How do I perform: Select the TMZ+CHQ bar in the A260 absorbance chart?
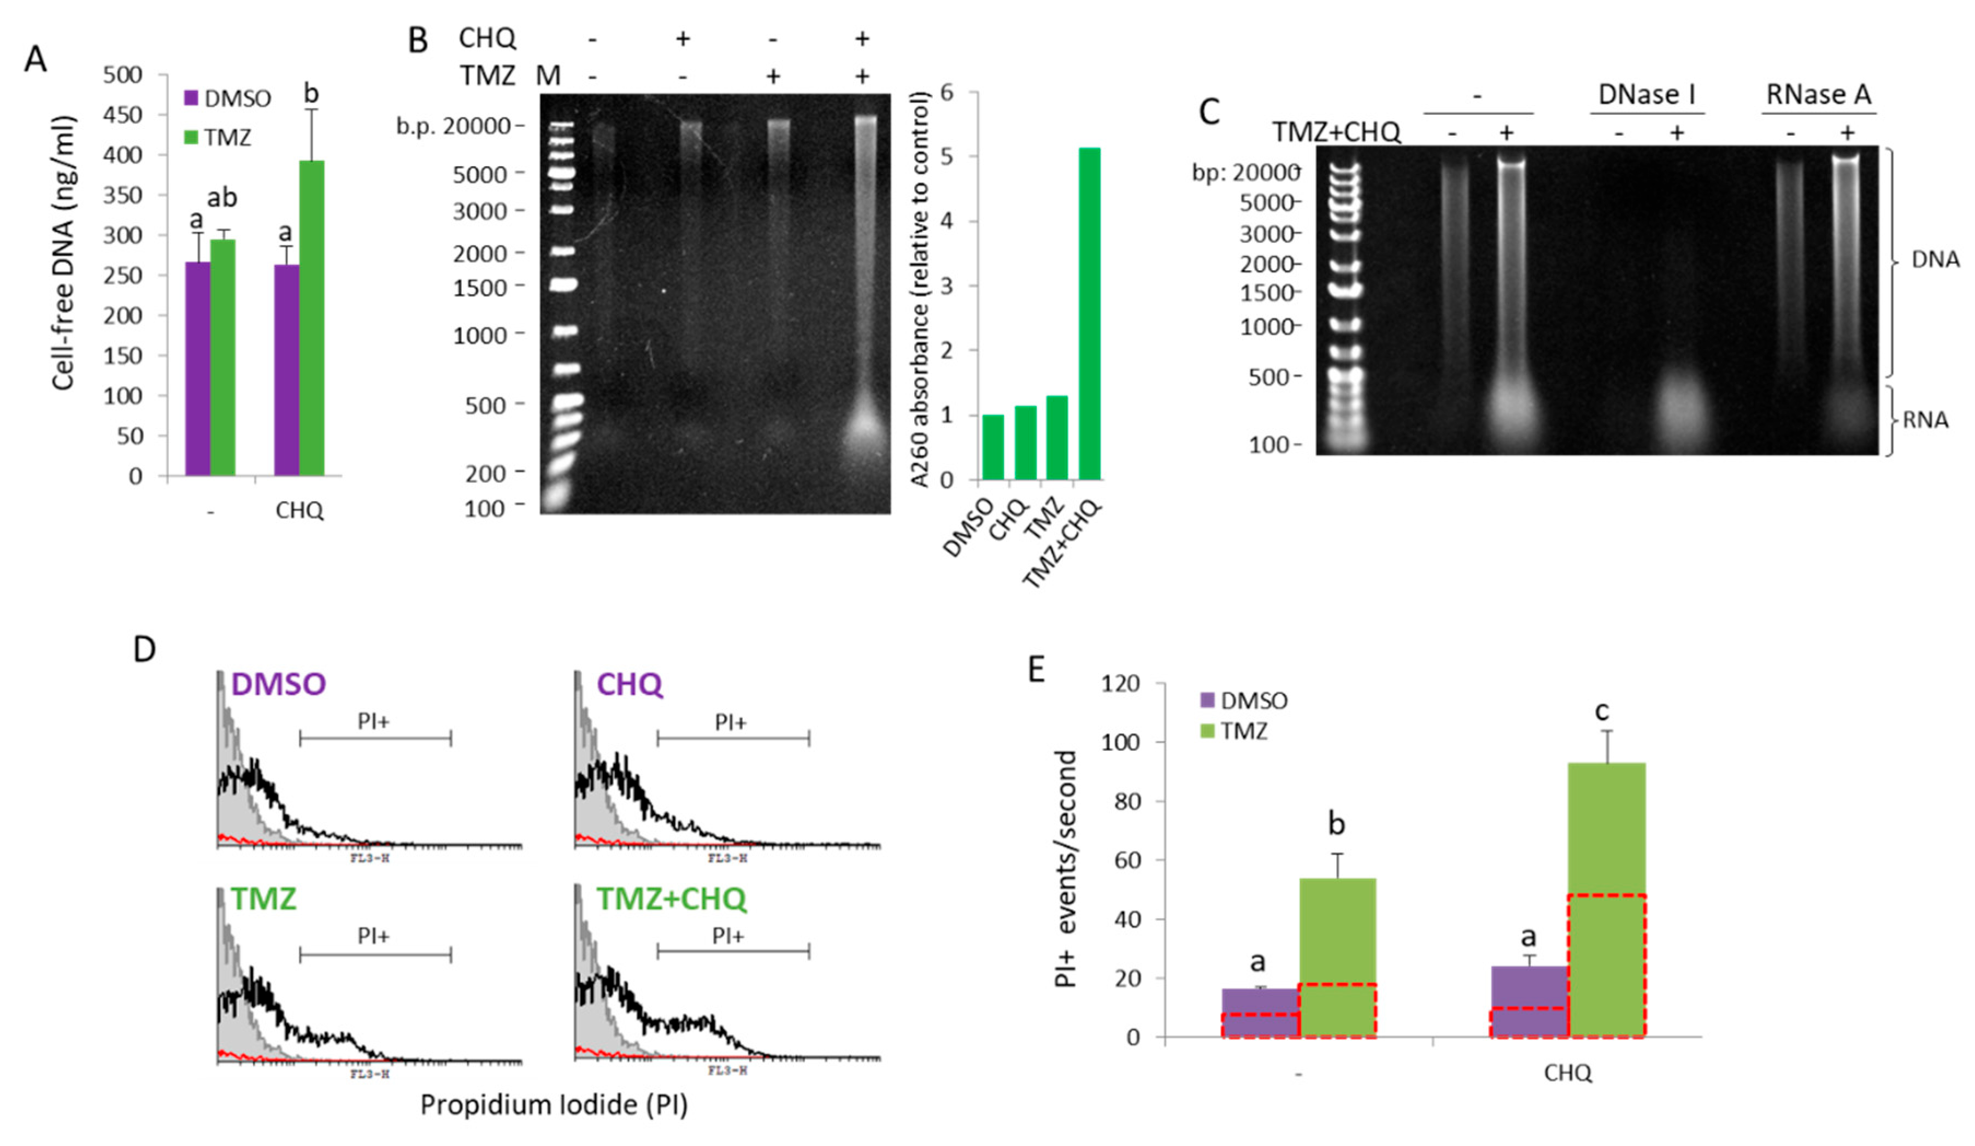click(1089, 313)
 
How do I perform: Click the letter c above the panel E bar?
click(1602, 711)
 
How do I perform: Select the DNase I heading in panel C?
click(1647, 94)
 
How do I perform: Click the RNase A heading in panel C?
click(1818, 94)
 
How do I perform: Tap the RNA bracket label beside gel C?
click(1925, 420)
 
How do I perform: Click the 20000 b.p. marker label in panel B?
click(477, 126)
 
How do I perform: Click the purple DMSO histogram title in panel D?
click(278, 685)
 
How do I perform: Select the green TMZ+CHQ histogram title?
click(671, 898)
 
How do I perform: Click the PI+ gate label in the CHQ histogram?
click(731, 722)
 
